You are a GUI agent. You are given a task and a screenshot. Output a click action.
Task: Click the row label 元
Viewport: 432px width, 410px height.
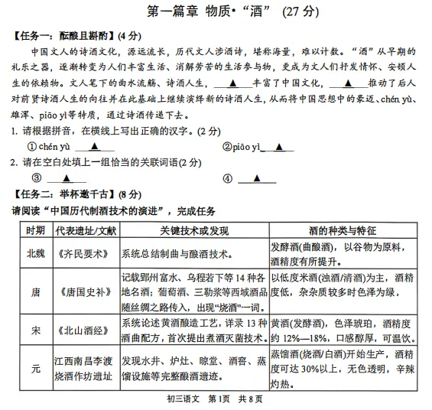pos(35,369)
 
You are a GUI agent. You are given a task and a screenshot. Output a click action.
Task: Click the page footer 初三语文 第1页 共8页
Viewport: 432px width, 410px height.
pos(216,399)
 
